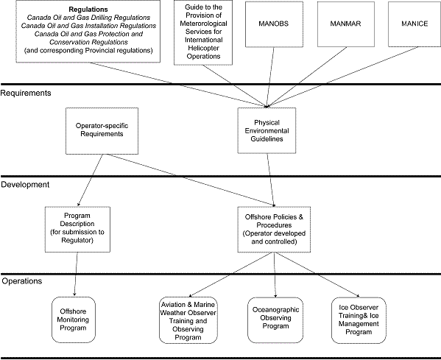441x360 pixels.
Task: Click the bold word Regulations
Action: coord(88,10)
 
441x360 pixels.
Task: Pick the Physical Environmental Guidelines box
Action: coord(267,131)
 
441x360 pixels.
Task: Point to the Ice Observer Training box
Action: coord(359,318)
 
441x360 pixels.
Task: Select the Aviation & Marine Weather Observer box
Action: coord(188,318)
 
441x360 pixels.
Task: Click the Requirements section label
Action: coord(26,93)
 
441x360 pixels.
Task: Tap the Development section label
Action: coord(25,184)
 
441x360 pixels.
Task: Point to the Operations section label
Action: coord(23,280)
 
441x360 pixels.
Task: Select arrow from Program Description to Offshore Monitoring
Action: coord(77,272)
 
